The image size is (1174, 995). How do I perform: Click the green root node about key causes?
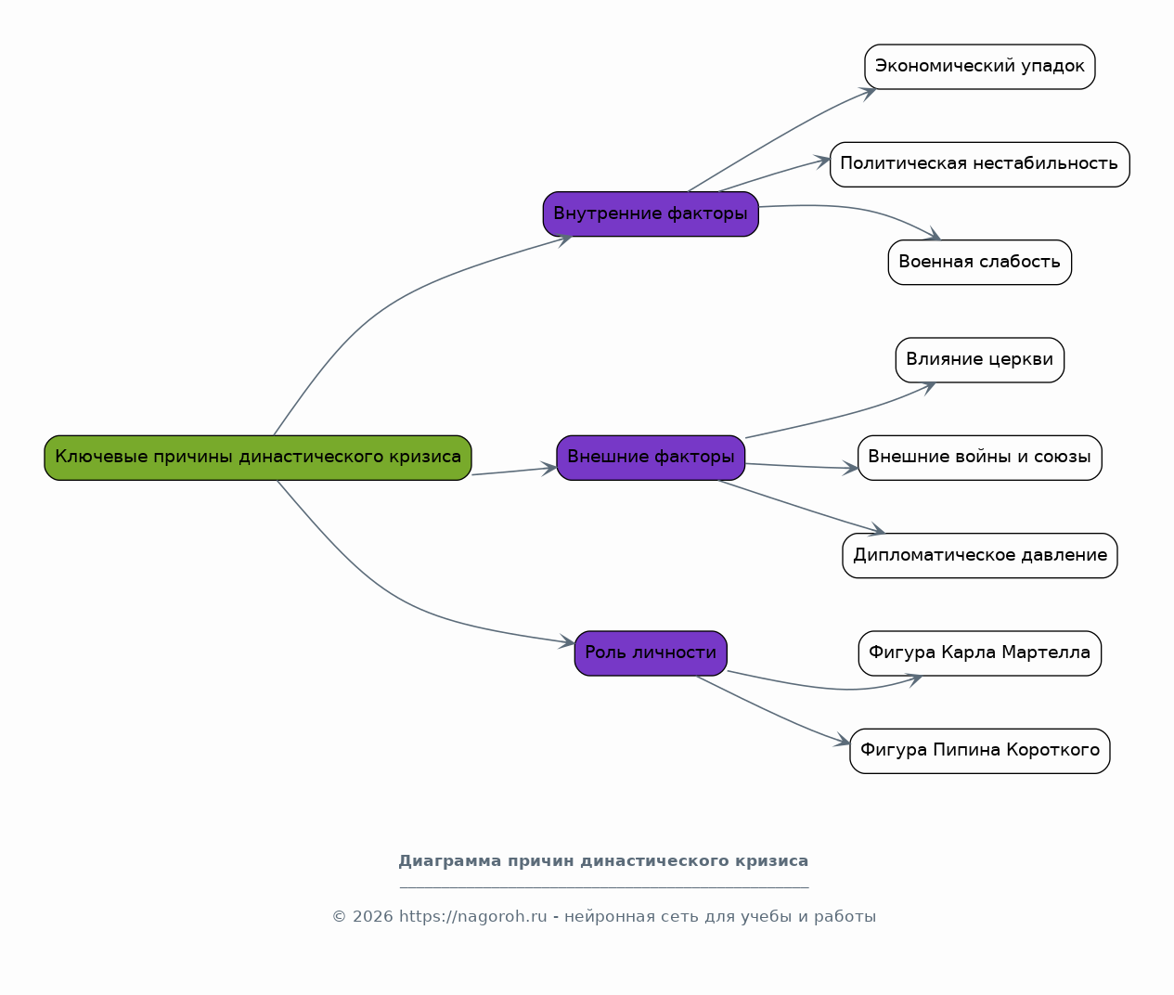pos(258,458)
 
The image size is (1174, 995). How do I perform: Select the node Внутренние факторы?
pos(651,214)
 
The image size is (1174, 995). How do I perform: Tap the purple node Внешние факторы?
pos(651,458)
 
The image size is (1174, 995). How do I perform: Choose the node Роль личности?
pos(651,653)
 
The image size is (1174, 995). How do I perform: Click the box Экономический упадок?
pos(980,67)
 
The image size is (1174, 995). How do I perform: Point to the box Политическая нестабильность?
pos(980,164)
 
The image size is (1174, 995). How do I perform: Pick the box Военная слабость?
pos(980,263)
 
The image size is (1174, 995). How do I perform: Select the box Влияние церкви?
pos(980,360)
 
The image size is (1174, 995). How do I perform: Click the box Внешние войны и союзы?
pos(980,458)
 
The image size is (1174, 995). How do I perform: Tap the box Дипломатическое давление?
pos(980,555)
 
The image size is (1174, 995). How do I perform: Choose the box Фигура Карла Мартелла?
pos(980,653)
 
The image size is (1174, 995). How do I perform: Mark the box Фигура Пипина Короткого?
pos(980,751)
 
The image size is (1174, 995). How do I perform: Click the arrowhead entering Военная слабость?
pos(933,234)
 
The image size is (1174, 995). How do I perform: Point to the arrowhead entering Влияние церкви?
pos(927,389)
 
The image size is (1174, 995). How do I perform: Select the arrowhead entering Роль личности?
pos(567,641)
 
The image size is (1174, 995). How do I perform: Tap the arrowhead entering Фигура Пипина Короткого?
pos(842,740)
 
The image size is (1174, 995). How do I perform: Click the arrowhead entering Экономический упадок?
pos(868,94)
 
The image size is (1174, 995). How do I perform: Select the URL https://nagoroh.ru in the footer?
pos(473,917)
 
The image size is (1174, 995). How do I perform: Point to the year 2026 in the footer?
pos(372,917)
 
